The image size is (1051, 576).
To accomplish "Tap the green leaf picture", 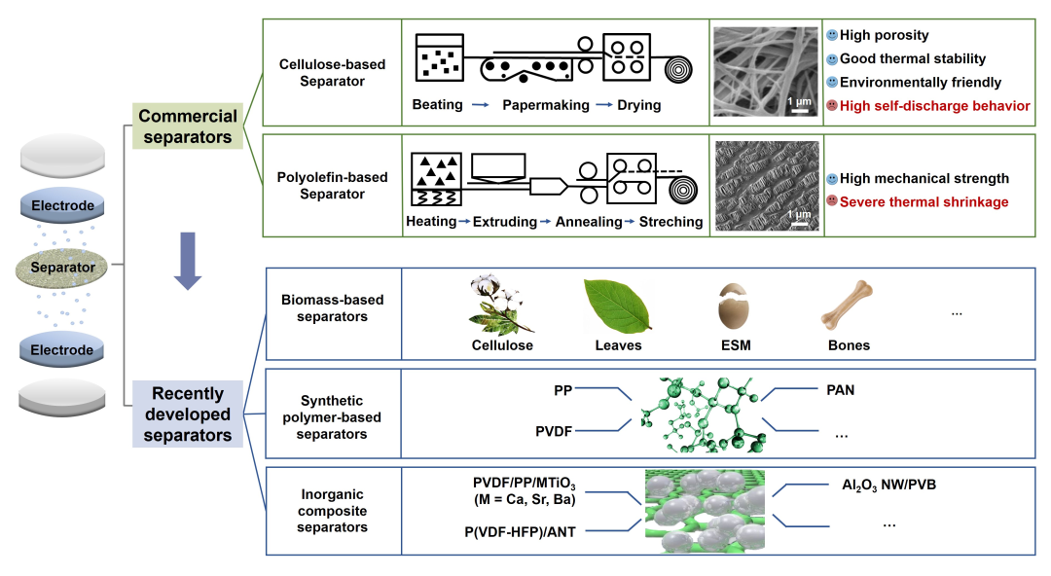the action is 617,306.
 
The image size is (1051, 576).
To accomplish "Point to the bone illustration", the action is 848,306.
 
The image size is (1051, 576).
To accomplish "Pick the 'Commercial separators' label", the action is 188,126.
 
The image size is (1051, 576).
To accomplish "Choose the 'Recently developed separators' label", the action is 188,414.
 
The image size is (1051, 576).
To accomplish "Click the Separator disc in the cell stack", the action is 61,268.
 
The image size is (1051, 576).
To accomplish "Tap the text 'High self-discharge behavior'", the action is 934,106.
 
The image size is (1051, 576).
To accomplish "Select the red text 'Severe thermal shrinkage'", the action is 924,201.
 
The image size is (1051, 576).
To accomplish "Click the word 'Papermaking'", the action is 546,105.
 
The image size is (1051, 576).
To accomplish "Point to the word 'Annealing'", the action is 589,222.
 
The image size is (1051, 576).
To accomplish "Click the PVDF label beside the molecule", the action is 554,431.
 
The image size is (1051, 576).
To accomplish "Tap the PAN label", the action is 841,389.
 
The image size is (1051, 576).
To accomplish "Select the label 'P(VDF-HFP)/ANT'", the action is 520,532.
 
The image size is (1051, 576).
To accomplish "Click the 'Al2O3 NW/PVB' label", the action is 888,485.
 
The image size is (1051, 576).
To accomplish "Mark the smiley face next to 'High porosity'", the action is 832,35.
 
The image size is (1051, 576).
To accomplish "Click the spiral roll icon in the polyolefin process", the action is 683,190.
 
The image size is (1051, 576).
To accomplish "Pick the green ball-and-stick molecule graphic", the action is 702,414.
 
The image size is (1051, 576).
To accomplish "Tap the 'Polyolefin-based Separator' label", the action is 332,186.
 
